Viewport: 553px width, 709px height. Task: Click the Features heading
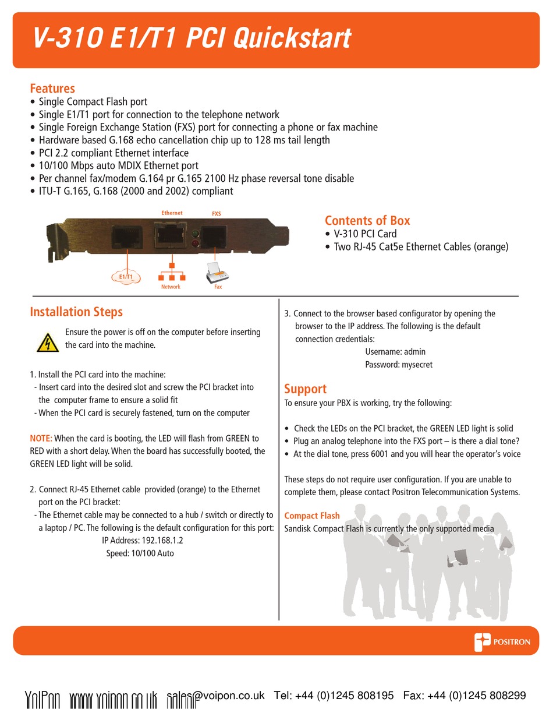pos(52,89)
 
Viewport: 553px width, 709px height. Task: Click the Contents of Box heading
pos(367,220)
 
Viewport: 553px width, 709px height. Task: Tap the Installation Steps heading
pos(76,312)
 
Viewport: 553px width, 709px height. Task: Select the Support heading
pos(305,389)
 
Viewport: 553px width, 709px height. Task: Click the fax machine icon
pos(216,273)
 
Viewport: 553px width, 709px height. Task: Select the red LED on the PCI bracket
pos(196,244)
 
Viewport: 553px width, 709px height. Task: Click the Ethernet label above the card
pos(172,213)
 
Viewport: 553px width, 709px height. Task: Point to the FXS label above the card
pos(216,214)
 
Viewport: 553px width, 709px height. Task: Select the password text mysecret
pos(416,365)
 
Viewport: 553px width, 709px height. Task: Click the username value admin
pos(414,352)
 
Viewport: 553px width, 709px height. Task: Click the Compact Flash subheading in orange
pos(311,516)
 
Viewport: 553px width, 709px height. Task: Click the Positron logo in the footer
pos(502,641)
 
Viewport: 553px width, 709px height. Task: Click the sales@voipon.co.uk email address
pos(215,696)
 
